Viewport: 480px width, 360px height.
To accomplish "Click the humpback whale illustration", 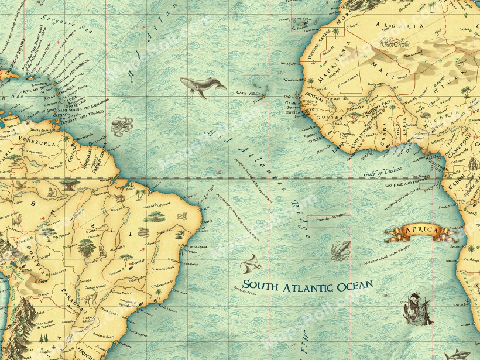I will point(202,87).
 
